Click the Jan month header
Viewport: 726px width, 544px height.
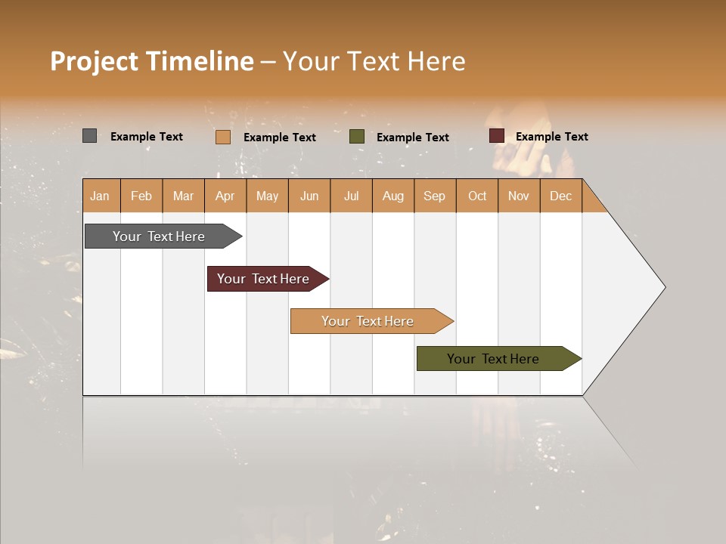click(x=100, y=196)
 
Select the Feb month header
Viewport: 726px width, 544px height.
click(x=141, y=196)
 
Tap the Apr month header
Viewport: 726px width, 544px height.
click(x=225, y=196)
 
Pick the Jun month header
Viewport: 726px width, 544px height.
click(x=309, y=196)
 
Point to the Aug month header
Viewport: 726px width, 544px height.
click(x=392, y=196)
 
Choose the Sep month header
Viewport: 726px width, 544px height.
click(x=434, y=196)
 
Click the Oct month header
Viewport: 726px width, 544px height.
click(x=477, y=196)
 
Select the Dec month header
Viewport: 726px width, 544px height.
click(x=560, y=196)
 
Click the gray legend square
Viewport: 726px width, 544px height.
click(x=89, y=136)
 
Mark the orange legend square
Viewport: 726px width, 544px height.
click(x=223, y=137)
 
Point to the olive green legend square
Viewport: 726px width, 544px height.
click(x=357, y=137)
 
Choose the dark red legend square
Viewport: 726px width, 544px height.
click(x=497, y=136)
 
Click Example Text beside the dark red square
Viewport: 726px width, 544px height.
click(x=551, y=137)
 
